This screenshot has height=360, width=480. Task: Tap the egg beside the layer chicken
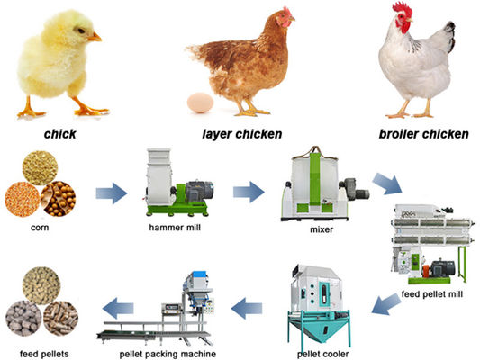coord(199,103)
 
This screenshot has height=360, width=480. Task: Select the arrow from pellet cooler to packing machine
coord(249,309)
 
